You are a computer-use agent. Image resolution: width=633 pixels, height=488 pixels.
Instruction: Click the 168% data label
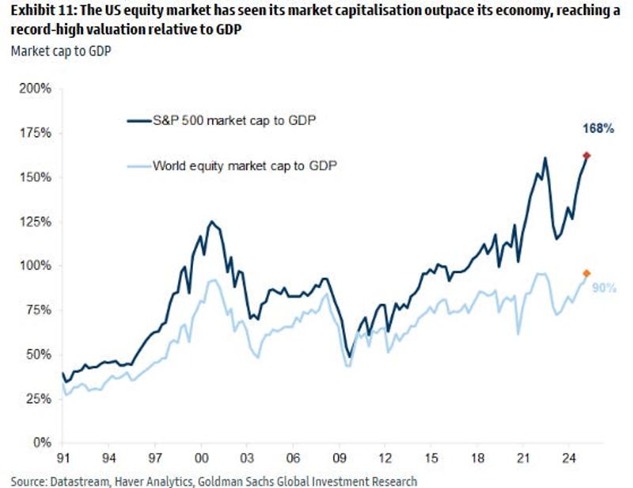click(x=598, y=129)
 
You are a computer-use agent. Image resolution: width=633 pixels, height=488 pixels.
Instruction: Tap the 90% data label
click(x=605, y=288)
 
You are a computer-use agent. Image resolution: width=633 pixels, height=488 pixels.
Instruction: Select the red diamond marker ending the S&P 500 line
click(x=586, y=156)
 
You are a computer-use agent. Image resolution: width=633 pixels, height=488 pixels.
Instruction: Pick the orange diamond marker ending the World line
click(x=586, y=273)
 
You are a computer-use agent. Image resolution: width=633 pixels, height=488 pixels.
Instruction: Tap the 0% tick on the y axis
click(x=41, y=442)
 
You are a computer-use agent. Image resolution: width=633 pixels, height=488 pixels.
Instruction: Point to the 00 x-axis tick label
click(x=202, y=458)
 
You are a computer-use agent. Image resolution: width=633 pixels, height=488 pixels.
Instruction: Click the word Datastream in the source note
click(x=81, y=479)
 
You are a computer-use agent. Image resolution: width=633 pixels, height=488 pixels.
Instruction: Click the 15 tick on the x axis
click(x=432, y=458)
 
